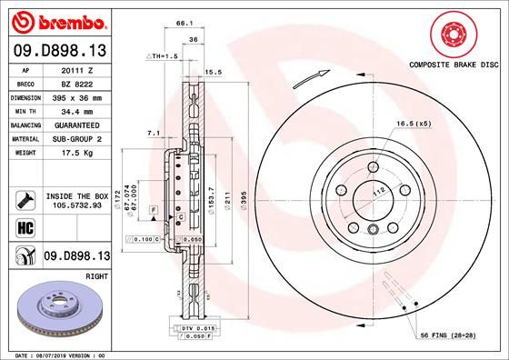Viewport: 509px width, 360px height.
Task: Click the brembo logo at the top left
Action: coord(57,21)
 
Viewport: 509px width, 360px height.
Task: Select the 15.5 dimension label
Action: coord(215,71)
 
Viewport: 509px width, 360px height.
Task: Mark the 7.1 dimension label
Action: coord(154,134)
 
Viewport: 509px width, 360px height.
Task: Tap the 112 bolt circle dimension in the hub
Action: coord(379,192)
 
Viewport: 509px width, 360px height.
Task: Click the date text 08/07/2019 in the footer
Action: coord(47,355)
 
